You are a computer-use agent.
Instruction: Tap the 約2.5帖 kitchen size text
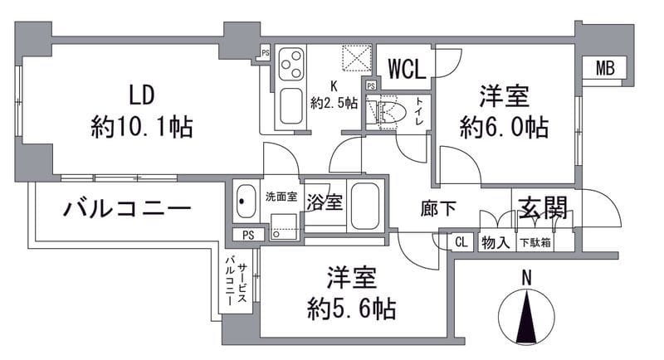coord(334,103)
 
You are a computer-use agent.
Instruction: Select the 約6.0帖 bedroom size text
coord(504,126)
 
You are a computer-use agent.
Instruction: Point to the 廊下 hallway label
coord(438,208)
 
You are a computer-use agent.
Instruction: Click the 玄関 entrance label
coord(544,207)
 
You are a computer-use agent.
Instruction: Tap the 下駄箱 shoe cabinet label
coord(534,242)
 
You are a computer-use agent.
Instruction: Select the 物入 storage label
coord(496,242)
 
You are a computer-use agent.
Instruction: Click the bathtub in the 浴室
coord(364,207)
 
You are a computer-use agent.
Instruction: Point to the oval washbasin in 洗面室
coord(246,200)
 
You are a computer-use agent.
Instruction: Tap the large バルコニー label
coord(128,208)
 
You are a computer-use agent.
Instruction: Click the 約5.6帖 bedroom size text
coord(348,309)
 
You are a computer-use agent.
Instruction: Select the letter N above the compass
coord(525,279)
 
